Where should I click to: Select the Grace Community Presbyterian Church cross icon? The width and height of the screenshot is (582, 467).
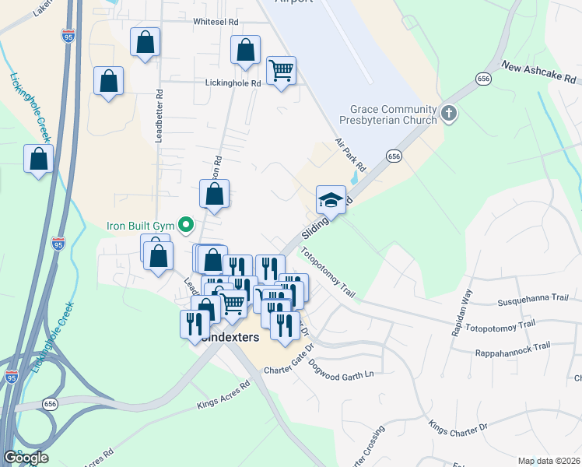point(448,114)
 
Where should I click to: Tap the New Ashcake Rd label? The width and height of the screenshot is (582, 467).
point(538,72)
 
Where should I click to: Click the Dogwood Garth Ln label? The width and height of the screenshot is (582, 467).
point(341,368)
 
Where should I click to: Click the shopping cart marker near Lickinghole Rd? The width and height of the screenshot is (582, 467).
point(281,71)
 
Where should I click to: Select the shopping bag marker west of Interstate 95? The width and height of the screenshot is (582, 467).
point(38,160)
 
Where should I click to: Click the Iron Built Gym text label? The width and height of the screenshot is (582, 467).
point(138,226)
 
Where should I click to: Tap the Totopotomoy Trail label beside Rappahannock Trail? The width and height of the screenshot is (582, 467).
point(506,324)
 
